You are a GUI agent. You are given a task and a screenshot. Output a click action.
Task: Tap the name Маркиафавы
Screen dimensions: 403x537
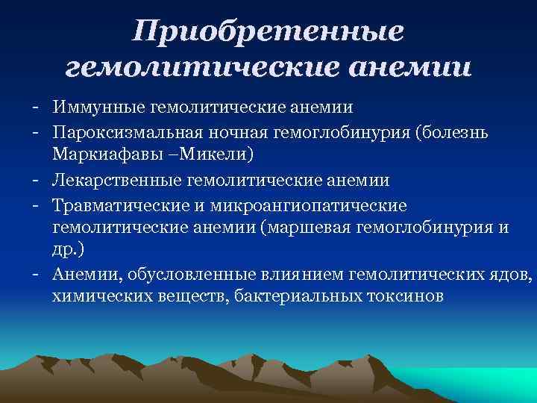coord(102,155)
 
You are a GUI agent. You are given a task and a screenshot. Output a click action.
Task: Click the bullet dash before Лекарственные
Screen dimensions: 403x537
coord(36,180)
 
